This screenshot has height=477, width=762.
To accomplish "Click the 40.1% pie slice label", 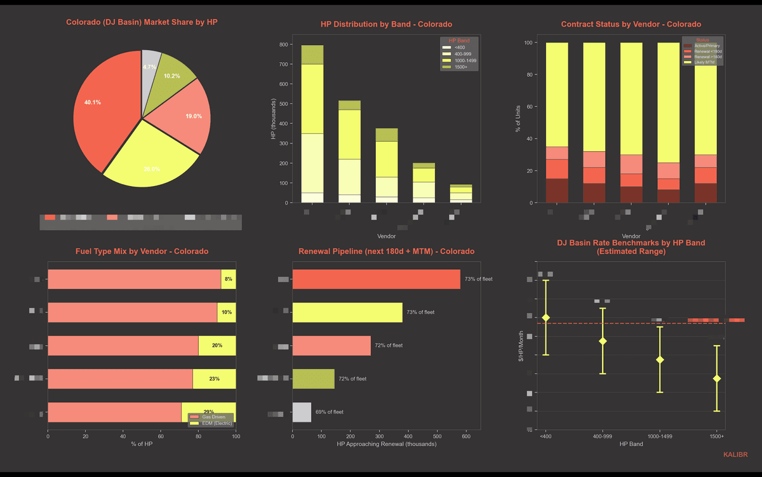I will click(x=92, y=102).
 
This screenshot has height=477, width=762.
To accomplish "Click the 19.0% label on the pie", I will click(x=194, y=116).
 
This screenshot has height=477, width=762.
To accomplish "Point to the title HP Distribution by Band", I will click(x=386, y=24).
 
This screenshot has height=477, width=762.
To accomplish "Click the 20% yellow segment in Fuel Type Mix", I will click(x=217, y=346).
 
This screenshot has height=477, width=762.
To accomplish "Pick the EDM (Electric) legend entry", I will click(x=211, y=423).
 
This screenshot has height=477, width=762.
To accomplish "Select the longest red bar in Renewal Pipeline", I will click(x=376, y=279).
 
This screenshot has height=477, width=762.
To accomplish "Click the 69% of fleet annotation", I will click(x=330, y=412).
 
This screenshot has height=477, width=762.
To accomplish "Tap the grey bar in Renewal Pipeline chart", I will click(x=302, y=412).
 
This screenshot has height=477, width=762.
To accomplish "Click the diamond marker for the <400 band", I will click(x=545, y=318).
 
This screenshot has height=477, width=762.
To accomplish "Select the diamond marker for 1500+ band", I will click(x=717, y=379).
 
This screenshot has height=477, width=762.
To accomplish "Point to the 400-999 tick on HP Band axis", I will click(x=603, y=436).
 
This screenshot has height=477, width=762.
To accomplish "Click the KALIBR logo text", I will click(x=735, y=455).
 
